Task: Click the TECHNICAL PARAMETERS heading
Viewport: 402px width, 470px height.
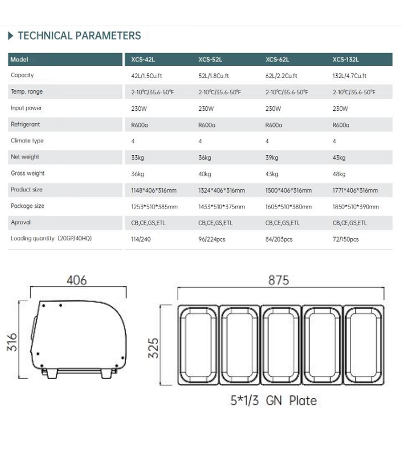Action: (x=79, y=36)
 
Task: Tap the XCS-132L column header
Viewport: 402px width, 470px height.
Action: (x=345, y=60)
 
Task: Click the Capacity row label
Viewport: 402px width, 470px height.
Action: (x=22, y=75)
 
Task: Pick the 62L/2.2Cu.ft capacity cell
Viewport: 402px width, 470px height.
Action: (x=281, y=76)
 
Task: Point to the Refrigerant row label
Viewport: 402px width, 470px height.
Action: (x=25, y=124)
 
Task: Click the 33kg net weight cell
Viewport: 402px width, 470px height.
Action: (x=137, y=158)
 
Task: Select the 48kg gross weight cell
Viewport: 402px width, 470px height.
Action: (x=339, y=174)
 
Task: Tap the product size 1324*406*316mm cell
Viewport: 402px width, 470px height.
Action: (x=222, y=191)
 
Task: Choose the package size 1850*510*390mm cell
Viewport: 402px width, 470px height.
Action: (x=356, y=207)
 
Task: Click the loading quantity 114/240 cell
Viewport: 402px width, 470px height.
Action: (x=141, y=239)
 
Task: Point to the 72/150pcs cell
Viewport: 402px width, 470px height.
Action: (x=346, y=239)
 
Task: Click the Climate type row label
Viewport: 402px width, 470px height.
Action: (x=27, y=141)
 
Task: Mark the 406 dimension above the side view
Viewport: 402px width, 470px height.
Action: (x=76, y=280)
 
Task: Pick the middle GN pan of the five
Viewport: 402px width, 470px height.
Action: (x=280, y=345)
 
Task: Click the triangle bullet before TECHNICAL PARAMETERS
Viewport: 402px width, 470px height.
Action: (x=11, y=36)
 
